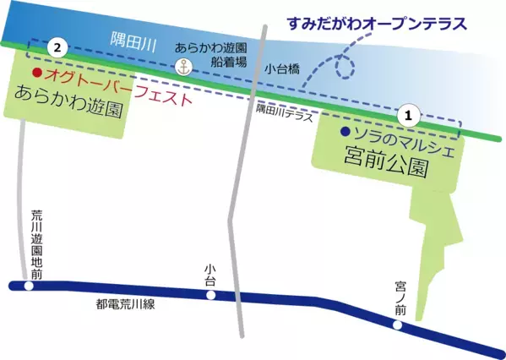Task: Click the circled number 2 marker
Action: [57, 48]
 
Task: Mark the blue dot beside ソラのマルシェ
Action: [345, 133]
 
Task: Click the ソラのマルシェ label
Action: [403, 134]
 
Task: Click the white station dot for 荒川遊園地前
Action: [29, 286]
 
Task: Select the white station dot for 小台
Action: [211, 295]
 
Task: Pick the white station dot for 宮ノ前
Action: [399, 324]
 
